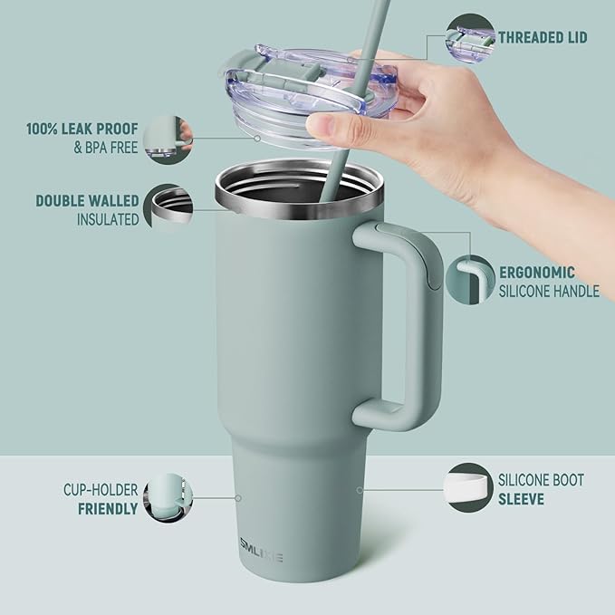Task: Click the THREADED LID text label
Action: click(x=543, y=37)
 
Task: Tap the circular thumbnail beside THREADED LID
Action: click(x=469, y=38)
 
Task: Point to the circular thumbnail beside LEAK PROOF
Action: click(x=168, y=139)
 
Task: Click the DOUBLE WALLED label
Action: click(x=87, y=200)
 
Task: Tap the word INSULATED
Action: click(x=107, y=219)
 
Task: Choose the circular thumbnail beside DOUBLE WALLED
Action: click(x=169, y=208)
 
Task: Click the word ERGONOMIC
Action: click(x=537, y=272)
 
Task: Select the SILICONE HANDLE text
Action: click(x=549, y=291)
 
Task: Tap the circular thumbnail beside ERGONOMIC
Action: click(x=469, y=281)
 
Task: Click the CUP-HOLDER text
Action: click(x=101, y=490)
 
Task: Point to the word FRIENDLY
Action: click(x=108, y=509)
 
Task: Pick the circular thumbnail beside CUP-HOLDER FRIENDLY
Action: click(x=168, y=498)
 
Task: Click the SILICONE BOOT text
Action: click(x=542, y=480)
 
